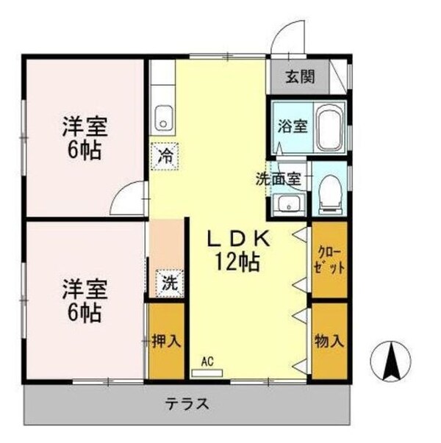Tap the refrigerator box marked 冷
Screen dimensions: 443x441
point(166,156)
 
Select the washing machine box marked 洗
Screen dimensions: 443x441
point(169,281)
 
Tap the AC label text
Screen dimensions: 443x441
point(207,361)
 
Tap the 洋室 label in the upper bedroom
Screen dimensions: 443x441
point(84,126)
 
